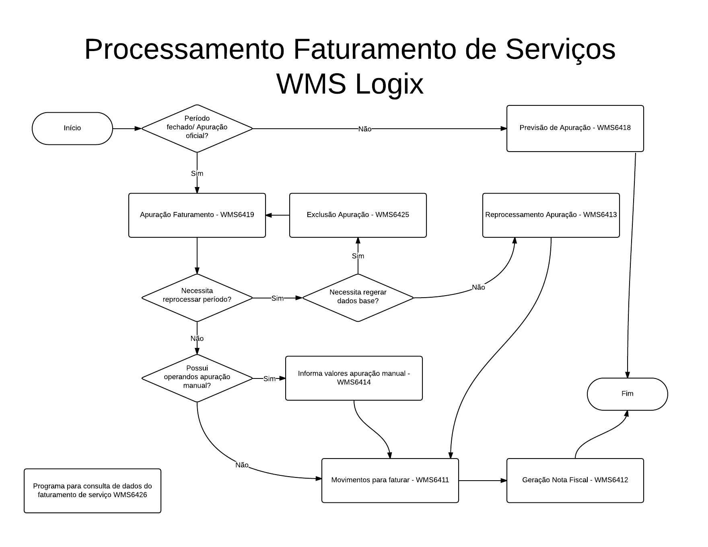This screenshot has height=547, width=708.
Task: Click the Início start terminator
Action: point(72,128)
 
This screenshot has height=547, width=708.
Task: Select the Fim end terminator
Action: point(627,394)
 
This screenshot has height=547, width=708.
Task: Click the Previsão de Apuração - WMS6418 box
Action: point(575,128)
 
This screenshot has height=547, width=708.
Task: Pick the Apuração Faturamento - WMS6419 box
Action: point(197,215)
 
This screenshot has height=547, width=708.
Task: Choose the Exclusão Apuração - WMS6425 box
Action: point(358,215)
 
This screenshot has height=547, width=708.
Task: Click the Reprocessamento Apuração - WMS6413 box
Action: point(551,215)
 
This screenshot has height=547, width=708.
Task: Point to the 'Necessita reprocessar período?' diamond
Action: point(197,298)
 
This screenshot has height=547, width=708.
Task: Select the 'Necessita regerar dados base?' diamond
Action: point(358,298)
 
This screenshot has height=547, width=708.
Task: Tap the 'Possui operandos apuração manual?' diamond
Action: point(197,378)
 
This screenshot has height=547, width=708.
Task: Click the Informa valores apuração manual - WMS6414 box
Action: point(354,378)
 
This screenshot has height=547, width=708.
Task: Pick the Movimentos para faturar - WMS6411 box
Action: point(390,480)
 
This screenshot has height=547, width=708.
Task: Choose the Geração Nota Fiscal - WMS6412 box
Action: point(575,480)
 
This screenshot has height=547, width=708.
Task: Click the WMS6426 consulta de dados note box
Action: point(93,491)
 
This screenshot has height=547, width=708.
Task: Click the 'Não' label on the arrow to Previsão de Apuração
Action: point(365,129)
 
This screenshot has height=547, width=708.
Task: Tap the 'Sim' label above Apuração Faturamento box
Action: point(197,173)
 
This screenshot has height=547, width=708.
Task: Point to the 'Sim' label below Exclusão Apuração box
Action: point(358,256)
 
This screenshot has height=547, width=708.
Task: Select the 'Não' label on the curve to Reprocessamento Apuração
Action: point(478,287)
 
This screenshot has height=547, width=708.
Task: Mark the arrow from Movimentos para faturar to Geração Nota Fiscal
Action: point(483,480)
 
